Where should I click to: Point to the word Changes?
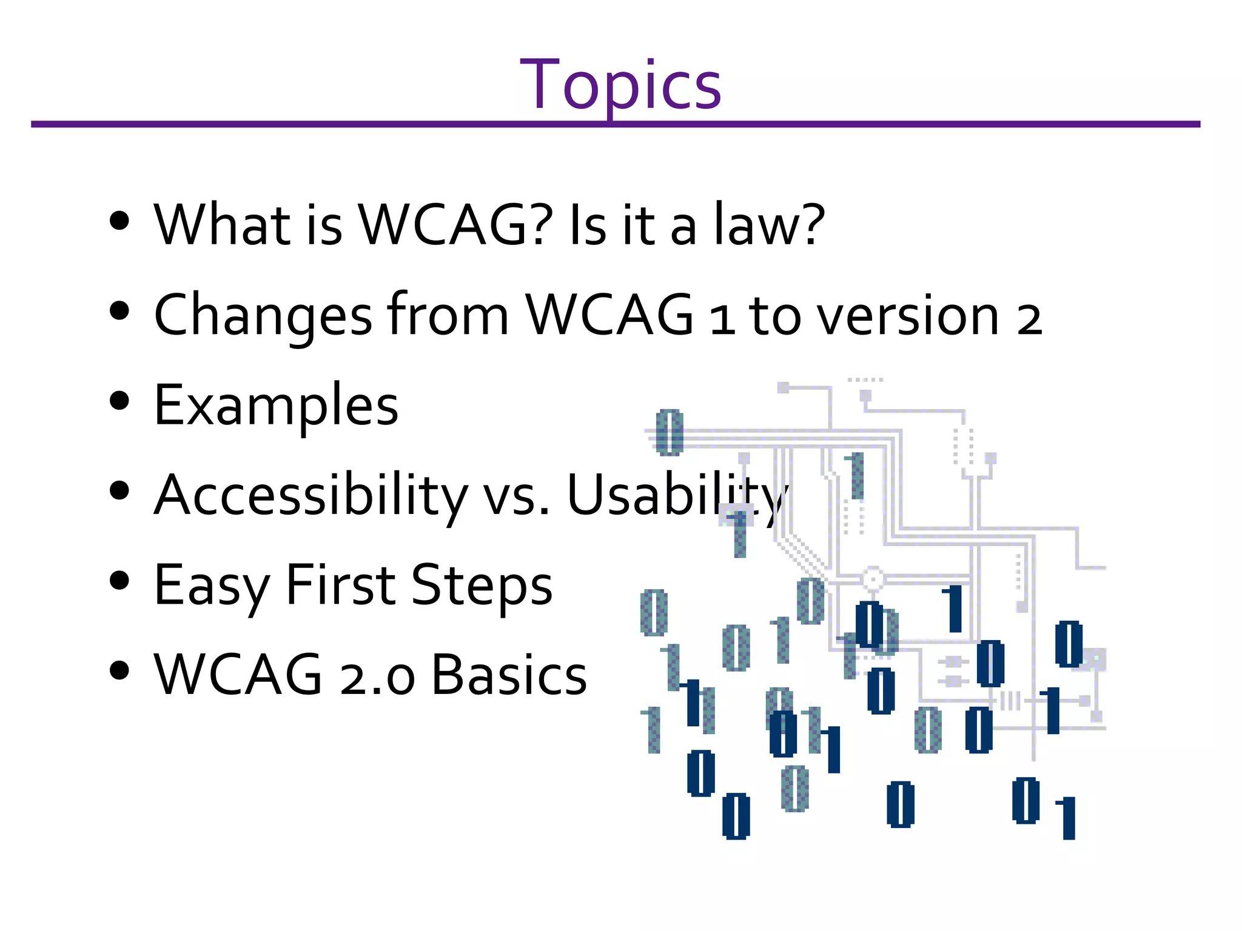coord(263,315)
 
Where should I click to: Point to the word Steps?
coord(482,586)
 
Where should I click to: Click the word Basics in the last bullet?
coord(509,675)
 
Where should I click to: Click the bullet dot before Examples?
coord(120,401)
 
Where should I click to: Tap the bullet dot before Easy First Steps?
coord(120,580)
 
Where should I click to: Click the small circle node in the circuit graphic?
coord(873,579)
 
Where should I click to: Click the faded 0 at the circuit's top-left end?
coord(670,432)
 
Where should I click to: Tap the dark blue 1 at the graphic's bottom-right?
coord(1067,818)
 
